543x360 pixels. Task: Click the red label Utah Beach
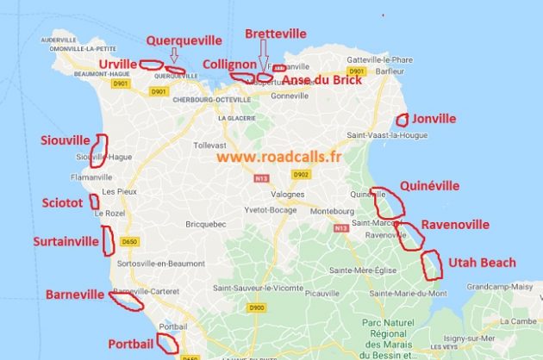tap(483, 263)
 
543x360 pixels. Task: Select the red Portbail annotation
tap(131, 344)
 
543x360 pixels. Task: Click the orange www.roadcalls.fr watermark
tap(278, 157)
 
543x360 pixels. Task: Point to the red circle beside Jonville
tap(402, 121)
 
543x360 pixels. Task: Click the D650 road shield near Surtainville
tap(130, 241)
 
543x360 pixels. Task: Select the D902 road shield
tap(300, 174)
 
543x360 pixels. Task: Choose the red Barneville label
tap(74, 293)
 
